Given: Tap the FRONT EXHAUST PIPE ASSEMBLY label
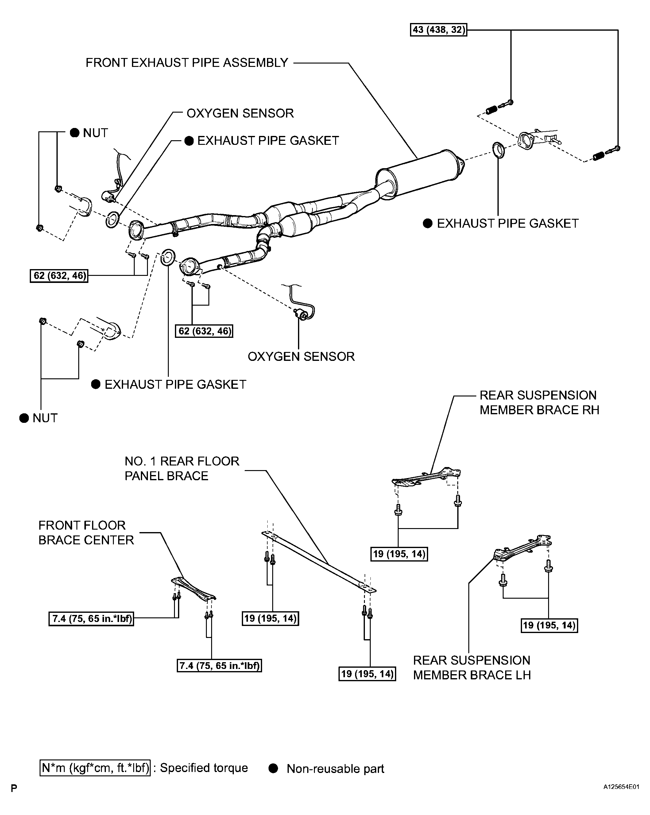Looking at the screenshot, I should click(x=187, y=63).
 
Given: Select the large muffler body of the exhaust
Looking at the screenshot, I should click(x=420, y=174).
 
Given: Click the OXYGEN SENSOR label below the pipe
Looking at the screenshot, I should click(x=301, y=357).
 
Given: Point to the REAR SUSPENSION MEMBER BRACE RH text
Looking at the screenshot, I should click(x=539, y=403).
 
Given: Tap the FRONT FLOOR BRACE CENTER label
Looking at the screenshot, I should click(x=86, y=533).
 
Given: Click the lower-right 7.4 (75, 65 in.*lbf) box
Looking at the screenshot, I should click(x=219, y=666).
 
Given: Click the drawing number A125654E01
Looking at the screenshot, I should click(x=621, y=787).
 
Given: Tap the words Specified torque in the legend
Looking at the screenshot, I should click(x=204, y=768).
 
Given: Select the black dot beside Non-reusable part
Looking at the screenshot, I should click(x=273, y=768).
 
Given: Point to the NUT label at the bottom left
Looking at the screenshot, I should click(x=44, y=418).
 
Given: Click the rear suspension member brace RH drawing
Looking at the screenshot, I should click(x=427, y=477).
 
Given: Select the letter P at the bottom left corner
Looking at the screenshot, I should click(x=14, y=789).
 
